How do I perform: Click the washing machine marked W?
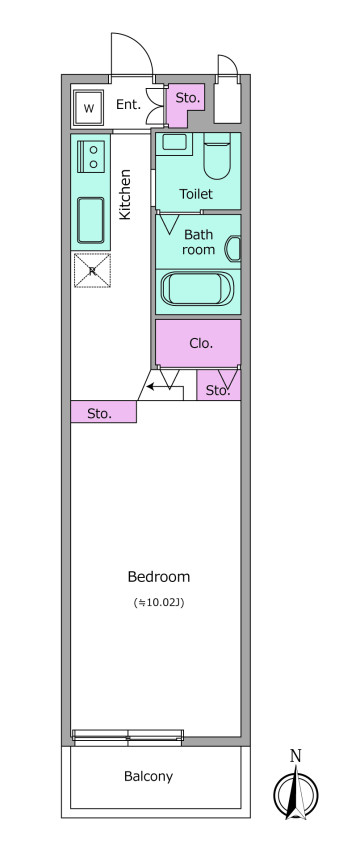pyautogui.click(x=88, y=107)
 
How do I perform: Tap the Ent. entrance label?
pyautogui.click(x=129, y=105)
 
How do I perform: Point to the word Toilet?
pyautogui.click(x=196, y=194)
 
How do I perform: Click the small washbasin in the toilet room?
pyautogui.click(x=175, y=143)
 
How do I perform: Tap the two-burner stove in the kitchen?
pyautogui.click(x=91, y=156)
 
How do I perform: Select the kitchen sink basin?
pyautogui.click(x=91, y=220)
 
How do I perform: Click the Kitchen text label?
pyautogui.click(x=125, y=194)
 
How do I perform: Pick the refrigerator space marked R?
pyautogui.click(x=92, y=270)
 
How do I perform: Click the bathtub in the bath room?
pyautogui.click(x=198, y=289)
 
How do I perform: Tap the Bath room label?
pyautogui.click(x=199, y=242)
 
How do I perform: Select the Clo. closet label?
pyautogui.click(x=201, y=344)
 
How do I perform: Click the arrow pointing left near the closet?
pyautogui.click(x=157, y=388)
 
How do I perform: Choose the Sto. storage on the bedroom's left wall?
pyautogui.click(x=103, y=412)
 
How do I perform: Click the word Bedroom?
pyautogui.click(x=159, y=577)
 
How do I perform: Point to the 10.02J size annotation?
pyautogui.click(x=159, y=603)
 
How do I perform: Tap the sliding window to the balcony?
pyautogui.click(x=128, y=737)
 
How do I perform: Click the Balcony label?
pyautogui.click(x=148, y=776)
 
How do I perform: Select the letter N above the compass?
pyautogui.click(x=295, y=756)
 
